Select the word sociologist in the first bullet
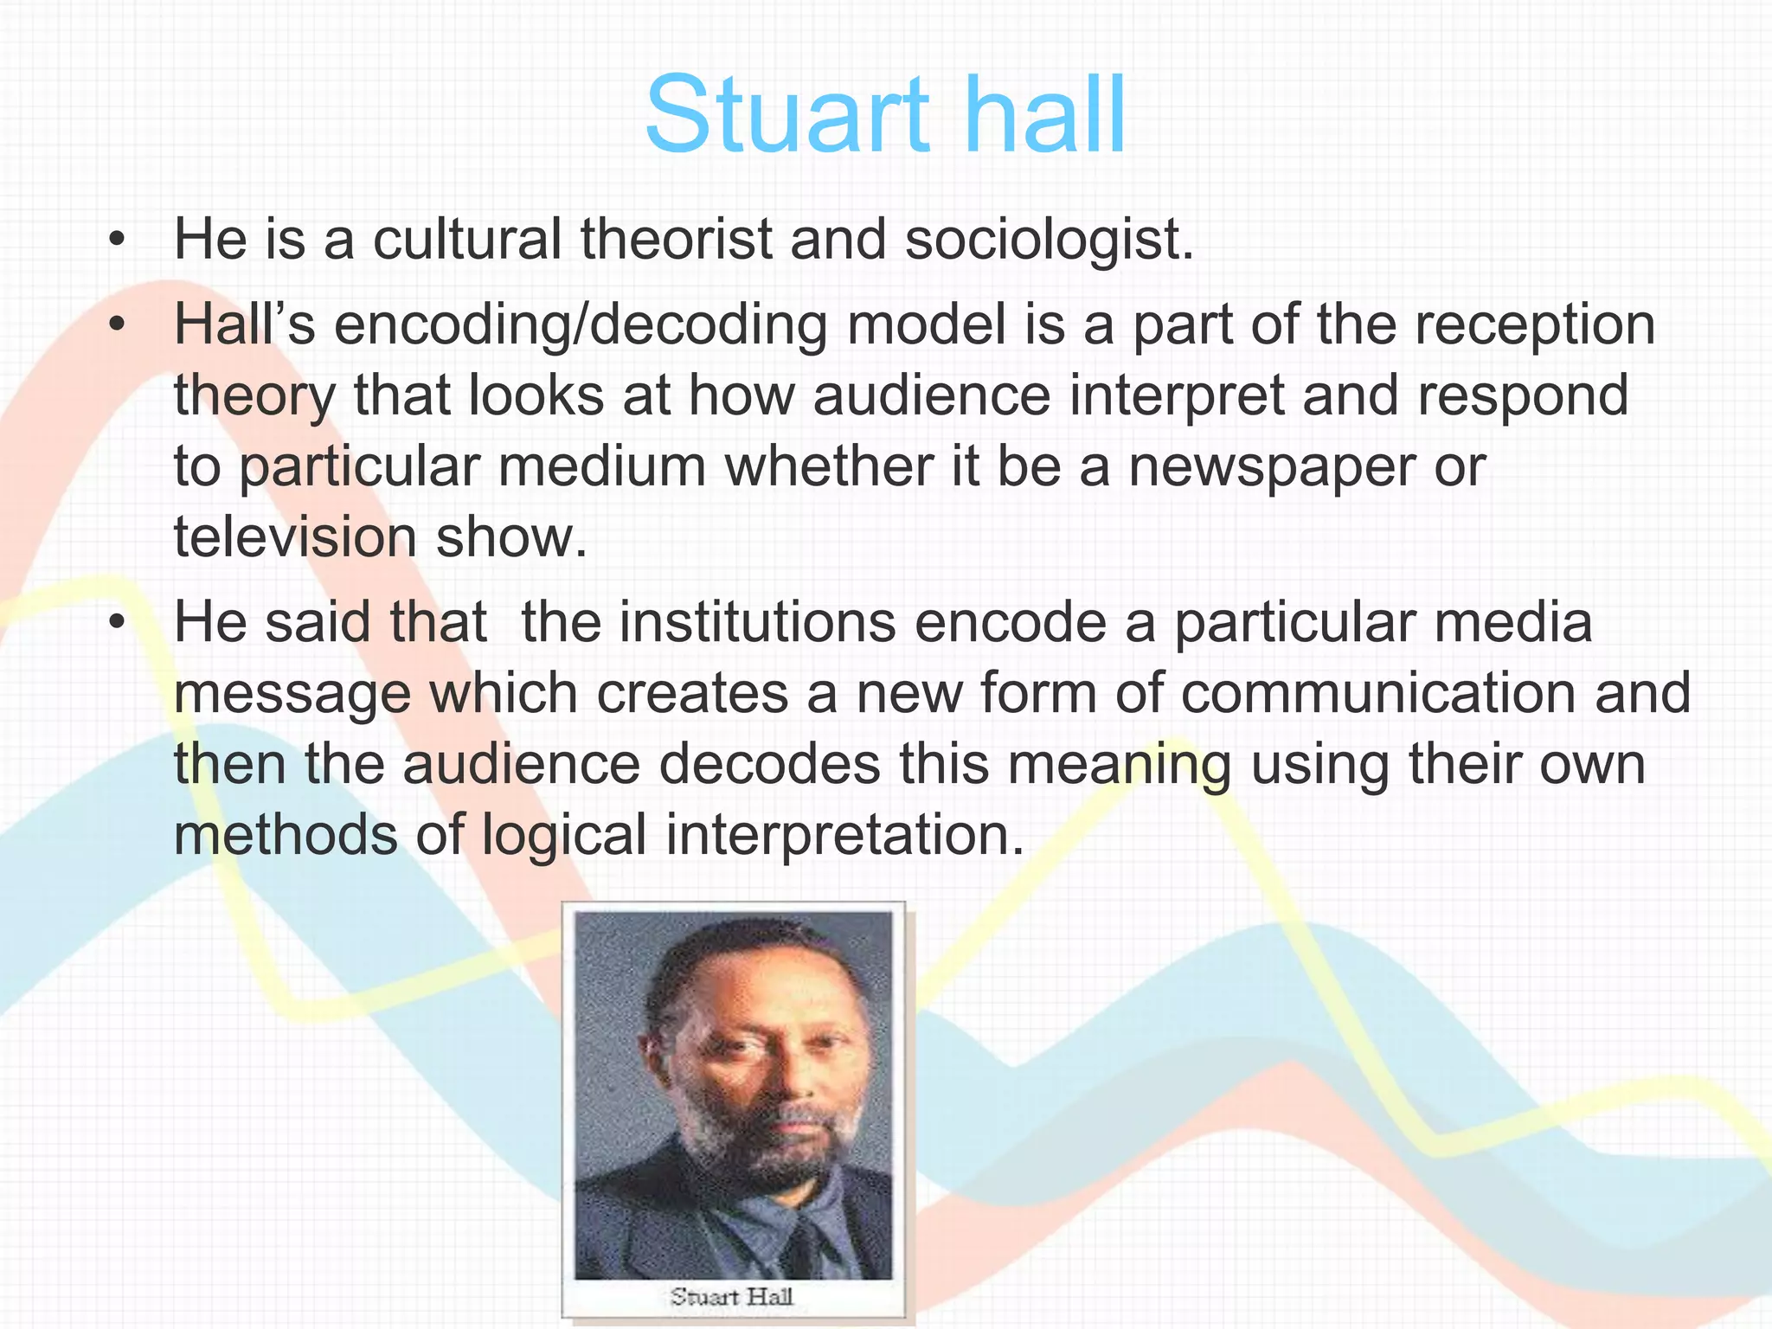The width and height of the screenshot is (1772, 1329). coord(1049,240)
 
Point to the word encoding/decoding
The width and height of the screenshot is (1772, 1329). coord(581,326)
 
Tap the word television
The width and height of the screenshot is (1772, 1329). coord(295,537)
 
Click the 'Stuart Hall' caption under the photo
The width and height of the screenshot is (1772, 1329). coord(732,1295)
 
